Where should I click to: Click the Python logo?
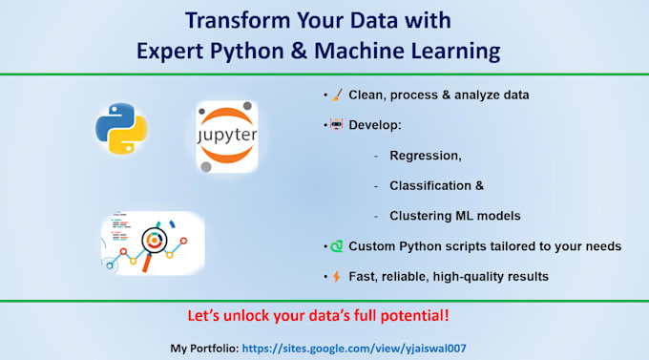[121, 131]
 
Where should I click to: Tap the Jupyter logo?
[226, 137]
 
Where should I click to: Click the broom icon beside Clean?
[336, 95]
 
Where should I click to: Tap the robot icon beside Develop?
[336, 125]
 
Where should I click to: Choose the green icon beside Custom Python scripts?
[336, 246]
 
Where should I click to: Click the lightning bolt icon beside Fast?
[336, 277]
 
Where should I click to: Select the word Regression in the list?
[426, 156]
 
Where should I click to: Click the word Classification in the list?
[432, 185]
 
